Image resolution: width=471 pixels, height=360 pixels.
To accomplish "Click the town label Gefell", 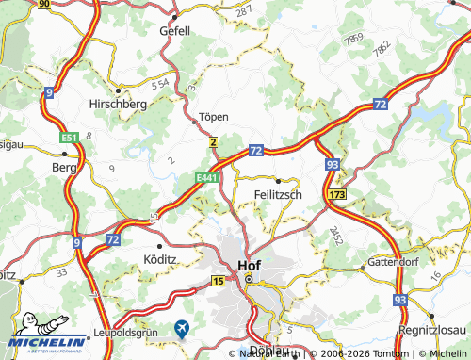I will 174,30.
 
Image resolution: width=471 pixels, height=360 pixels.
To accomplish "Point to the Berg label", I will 63,166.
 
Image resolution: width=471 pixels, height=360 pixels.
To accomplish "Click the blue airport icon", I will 182,329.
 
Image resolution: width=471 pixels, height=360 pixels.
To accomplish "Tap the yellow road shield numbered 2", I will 214,141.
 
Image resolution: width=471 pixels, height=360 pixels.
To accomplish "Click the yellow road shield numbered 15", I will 219,281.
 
